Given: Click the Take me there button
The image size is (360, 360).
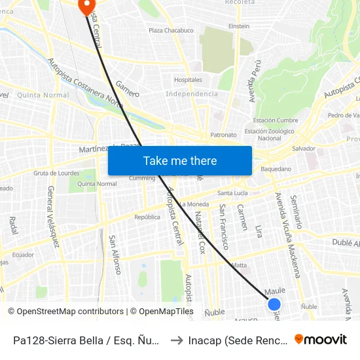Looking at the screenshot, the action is point(180,161).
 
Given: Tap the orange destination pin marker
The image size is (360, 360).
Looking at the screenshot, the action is point(86,6).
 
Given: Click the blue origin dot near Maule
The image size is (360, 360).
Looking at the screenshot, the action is point(274,304).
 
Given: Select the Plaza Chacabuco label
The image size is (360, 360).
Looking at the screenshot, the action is point(171,30).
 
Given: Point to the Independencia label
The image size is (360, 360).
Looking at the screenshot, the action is point(192,94).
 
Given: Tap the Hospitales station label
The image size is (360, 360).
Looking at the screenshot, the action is point(188,80).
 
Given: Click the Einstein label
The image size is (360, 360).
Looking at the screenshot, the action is point(238,26).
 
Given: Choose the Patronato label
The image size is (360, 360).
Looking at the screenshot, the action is point(223,135).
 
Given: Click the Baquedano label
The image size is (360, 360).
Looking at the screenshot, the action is point(276,169).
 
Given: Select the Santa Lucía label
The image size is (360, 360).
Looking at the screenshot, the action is point(234,193).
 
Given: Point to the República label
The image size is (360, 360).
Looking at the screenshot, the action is point(147,217).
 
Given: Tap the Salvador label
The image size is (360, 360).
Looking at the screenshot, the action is point(304,149).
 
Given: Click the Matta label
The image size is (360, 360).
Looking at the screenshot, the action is point(239,265).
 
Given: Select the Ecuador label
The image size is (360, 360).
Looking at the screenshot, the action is point(23,255).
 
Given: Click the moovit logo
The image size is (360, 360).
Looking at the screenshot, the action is point(321,340).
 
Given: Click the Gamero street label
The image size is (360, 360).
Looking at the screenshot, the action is point(128,89).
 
